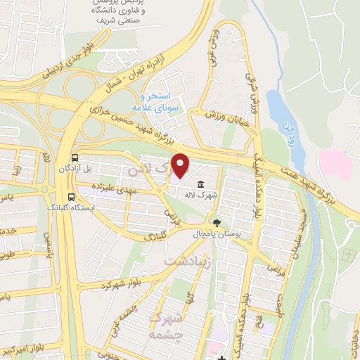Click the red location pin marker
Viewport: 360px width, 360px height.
coord(181,166)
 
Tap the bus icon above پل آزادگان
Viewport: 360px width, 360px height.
coord(75,157)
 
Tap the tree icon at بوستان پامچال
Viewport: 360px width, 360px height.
coord(216,222)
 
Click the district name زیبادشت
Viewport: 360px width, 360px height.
coord(188,262)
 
